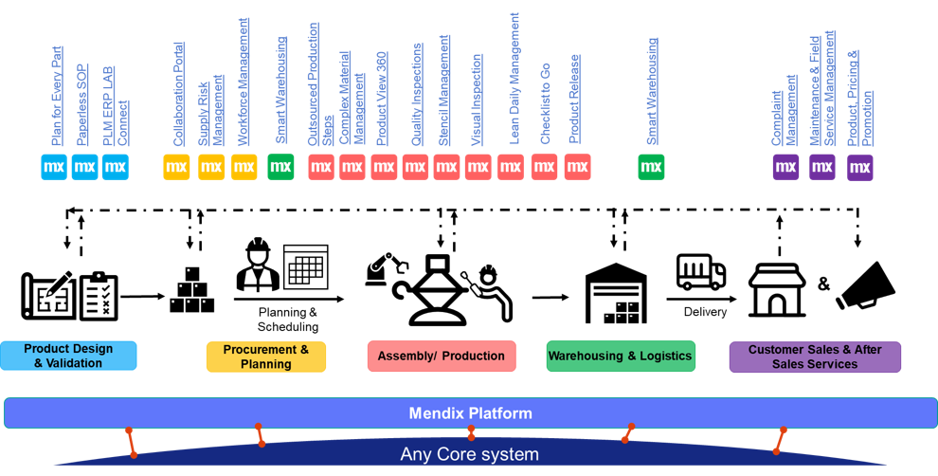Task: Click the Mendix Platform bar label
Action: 470,413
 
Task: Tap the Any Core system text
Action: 470,454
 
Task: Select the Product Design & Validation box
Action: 68,356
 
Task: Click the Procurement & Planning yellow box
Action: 266,357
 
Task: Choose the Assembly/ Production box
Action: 442,357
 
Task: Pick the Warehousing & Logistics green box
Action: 621,357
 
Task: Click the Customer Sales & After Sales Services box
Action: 815,357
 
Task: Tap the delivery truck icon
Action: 700,271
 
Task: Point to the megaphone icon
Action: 865,285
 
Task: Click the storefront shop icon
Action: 777,290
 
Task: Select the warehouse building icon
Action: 616,293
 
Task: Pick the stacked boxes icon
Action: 191,290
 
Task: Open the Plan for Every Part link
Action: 57,97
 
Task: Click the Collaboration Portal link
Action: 178,94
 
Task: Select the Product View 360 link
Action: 381,99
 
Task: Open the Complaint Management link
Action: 784,110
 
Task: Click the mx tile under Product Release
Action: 577,167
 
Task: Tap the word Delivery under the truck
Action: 705,311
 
